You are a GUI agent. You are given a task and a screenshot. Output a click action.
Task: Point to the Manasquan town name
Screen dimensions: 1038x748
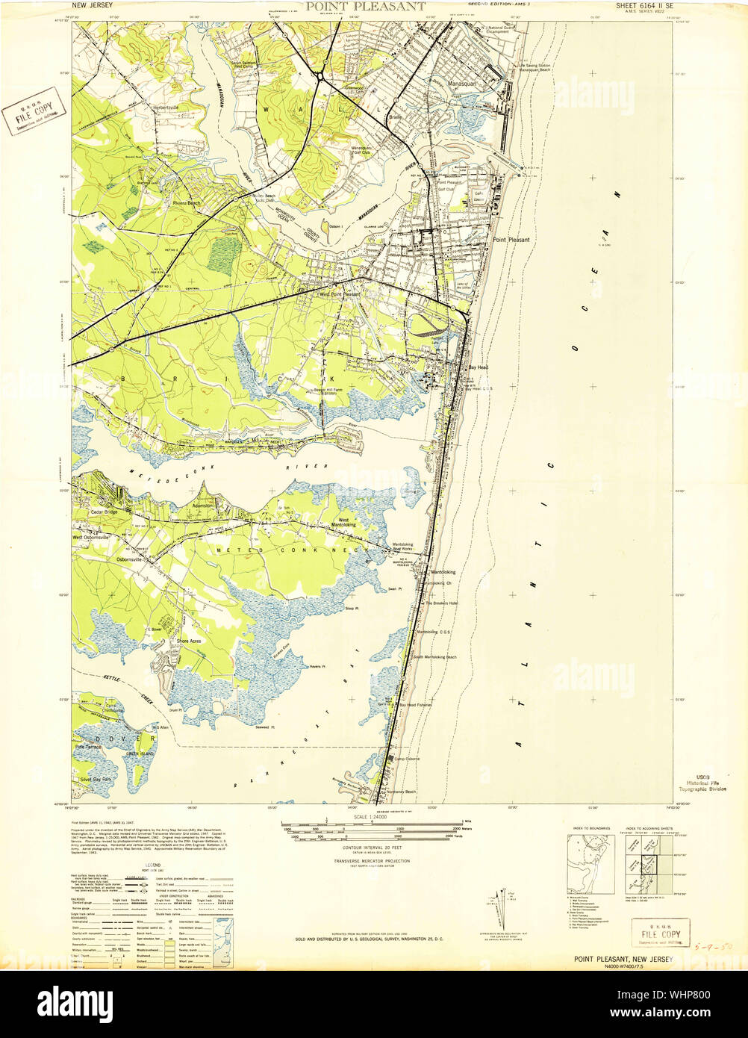[465, 86]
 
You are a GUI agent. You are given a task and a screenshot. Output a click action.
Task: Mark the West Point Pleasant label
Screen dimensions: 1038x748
[340, 294]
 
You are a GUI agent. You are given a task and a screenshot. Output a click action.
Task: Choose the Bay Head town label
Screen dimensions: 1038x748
[479, 368]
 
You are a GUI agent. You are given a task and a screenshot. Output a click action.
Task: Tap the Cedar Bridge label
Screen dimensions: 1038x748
[105, 512]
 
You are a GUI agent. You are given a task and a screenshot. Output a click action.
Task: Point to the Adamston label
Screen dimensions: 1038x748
[203, 506]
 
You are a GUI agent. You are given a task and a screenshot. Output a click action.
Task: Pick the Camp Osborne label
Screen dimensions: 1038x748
[408, 759]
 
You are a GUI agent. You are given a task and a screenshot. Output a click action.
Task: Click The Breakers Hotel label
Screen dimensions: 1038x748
[441, 603]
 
